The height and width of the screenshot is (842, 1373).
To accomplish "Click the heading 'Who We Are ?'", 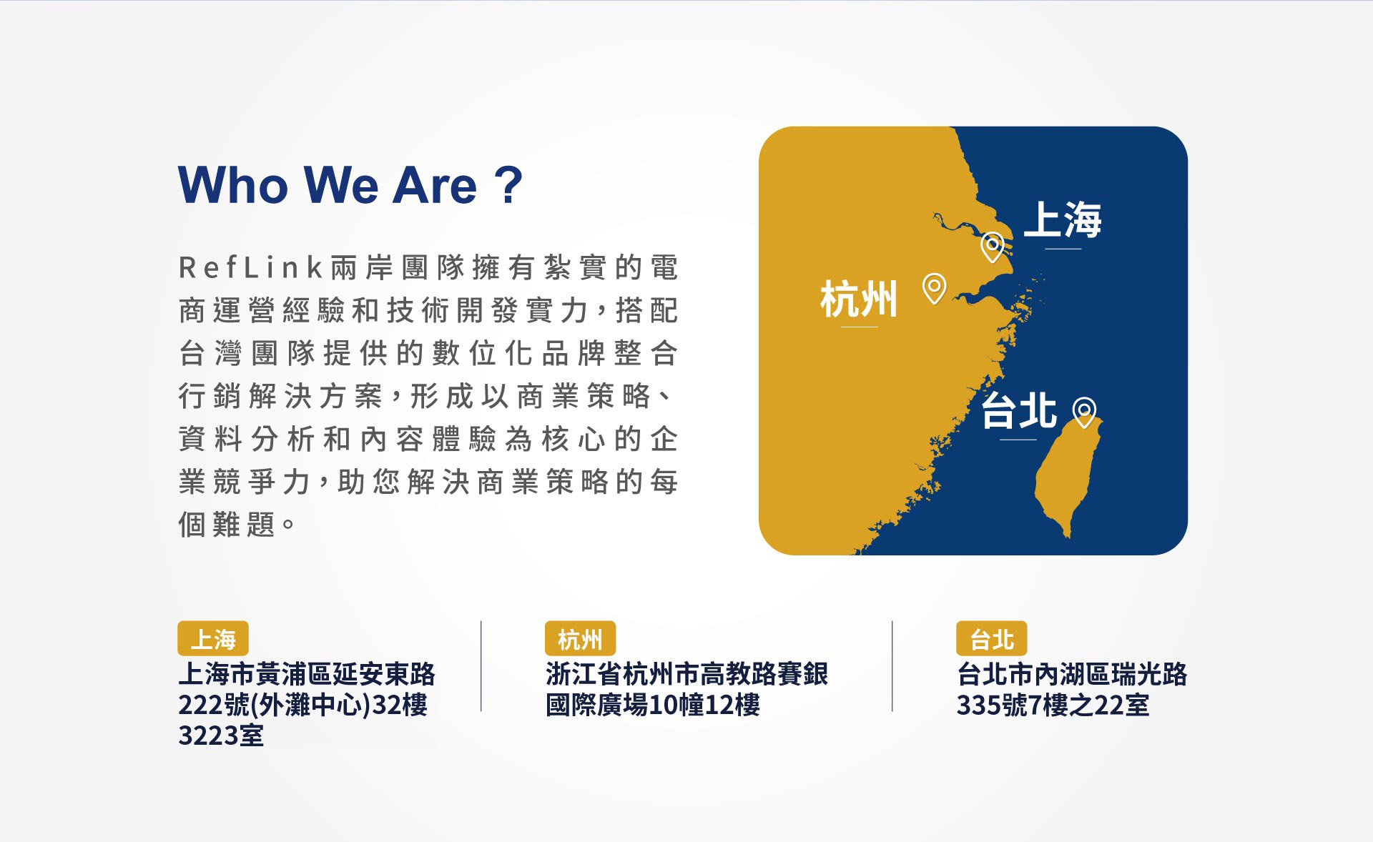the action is pyautogui.click(x=350, y=185).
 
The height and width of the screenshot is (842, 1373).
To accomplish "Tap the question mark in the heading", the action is pyautogui.click(x=508, y=185).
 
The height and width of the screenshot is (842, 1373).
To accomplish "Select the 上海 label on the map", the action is pyautogui.click(x=1063, y=219).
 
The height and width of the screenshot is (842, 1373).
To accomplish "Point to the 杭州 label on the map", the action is pyautogui.click(x=859, y=299).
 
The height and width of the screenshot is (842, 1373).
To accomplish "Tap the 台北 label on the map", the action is pyautogui.click(x=1019, y=411).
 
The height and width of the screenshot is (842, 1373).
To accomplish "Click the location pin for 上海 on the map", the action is pyautogui.click(x=992, y=247).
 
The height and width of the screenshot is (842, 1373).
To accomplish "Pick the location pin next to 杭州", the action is pyautogui.click(x=935, y=289).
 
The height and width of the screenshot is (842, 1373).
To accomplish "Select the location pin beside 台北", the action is pyautogui.click(x=1084, y=412).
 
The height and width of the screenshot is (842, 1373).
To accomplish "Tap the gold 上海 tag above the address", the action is pyautogui.click(x=213, y=638).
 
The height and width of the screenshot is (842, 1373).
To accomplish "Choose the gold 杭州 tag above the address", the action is pyautogui.click(x=580, y=638).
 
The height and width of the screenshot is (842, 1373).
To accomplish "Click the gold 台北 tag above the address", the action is pyautogui.click(x=992, y=638).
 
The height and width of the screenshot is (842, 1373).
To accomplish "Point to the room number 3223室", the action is pyautogui.click(x=221, y=735).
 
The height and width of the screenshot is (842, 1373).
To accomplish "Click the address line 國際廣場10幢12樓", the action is pyautogui.click(x=652, y=705).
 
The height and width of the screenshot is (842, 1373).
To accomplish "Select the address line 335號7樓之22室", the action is pyautogui.click(x=1053, y=705).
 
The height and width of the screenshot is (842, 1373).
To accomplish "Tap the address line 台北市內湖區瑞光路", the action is pyautogui.click(x=1072, y=674).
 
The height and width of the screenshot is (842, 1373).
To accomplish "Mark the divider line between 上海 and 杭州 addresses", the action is pyautogui.click(x=481, y=666).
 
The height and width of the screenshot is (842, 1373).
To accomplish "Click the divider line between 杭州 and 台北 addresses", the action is pyautogui.click(x=892, y=666).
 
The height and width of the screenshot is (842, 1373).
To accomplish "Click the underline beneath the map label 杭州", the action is pyautogui.click(x=860, y=327).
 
